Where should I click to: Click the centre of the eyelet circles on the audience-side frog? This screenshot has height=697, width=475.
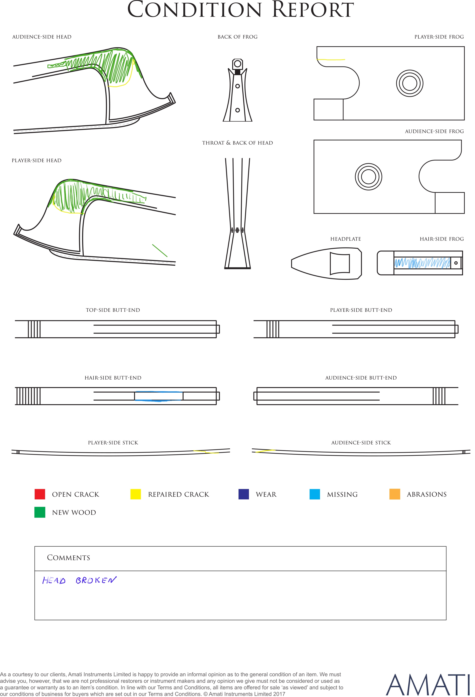[368, 177]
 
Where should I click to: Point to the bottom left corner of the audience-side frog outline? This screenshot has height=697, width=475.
[314, 213]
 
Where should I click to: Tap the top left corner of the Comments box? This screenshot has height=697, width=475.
[35, 546]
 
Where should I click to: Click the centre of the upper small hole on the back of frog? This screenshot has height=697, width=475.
[237, 86]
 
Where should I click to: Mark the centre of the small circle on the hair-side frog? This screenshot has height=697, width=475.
[456, 263]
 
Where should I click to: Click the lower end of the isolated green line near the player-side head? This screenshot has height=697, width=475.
[167, 257]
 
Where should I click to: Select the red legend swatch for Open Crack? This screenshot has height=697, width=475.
[40, 494]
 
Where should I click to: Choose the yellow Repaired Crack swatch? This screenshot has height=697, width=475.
[135, 494]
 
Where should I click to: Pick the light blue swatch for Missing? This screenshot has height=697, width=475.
[314, 494]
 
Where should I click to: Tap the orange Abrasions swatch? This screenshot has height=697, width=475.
[395, 494]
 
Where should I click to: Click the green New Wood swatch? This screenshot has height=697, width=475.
[40, 512]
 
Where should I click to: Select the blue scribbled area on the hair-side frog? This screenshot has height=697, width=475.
[422, 263]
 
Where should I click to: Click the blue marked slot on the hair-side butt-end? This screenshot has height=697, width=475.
[159, 396]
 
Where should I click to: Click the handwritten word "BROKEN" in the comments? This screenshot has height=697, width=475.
[96, 580]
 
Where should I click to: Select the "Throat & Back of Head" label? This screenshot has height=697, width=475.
[237, 143]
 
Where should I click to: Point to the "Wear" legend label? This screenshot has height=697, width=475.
[266, 495]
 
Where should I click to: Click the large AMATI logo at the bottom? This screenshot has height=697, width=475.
[427, 685]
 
